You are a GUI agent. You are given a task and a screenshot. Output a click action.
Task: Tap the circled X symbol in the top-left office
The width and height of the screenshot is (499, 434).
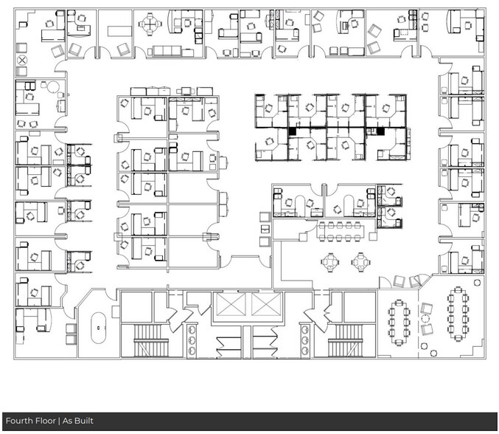pyautogui.click(x=22, y=60)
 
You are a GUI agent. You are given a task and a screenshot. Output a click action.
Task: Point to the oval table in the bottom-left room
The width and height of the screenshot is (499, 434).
pyautogui.click(x=98, y=327)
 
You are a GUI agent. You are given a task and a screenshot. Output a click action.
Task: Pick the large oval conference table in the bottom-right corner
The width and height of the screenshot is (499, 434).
pyautogui.click(x=458, y=314)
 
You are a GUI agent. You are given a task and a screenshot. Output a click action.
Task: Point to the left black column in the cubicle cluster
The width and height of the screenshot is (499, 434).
pyautogui.click(x=293, y=131)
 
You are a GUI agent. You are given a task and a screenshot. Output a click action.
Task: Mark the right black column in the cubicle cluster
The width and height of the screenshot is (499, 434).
pyautogui.click(x=380, y=131)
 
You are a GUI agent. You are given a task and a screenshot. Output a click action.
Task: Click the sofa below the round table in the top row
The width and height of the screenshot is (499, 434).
pyautogui.click(x=170, y=51)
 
